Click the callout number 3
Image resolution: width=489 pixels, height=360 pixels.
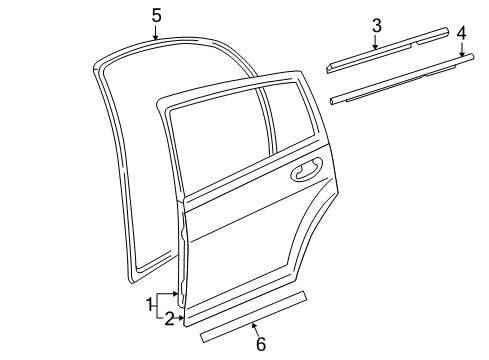click(376, 24)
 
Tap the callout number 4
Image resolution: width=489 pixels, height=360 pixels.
click(461, 33)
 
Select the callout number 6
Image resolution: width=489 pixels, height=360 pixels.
click(260, 344)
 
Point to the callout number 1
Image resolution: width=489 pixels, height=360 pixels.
click(151, 303)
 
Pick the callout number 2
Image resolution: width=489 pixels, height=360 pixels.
click(169, 318)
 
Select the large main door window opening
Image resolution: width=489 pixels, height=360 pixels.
click(214, 134)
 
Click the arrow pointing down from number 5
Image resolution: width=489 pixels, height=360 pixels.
click(156, 33)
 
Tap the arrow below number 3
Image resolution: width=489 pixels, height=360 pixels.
click(376, 42)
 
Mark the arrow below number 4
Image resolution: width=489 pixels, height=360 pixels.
click(461, 52)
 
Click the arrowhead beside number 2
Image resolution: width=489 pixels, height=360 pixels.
click(181, 318)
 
